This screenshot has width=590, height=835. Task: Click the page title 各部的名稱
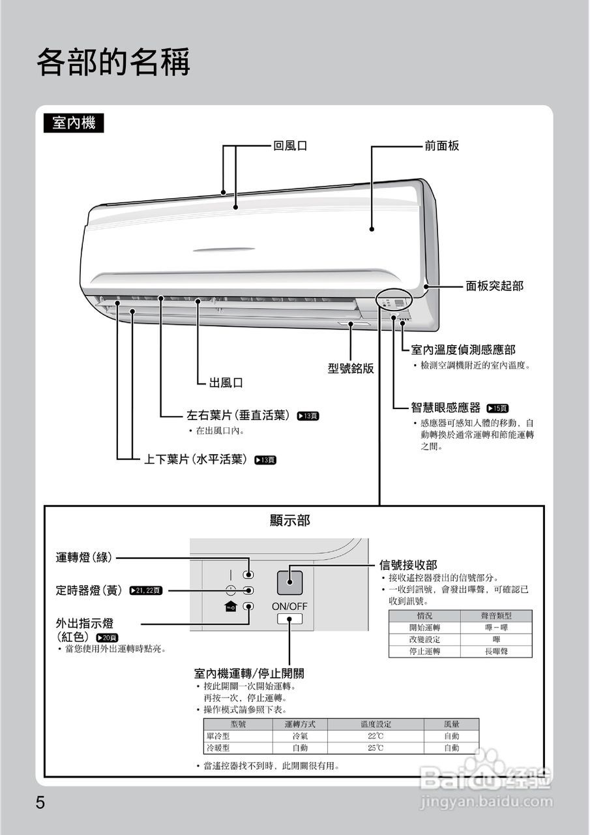pyautogui.click(x=113, y=63)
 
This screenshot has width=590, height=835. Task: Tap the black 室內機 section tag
pyautogui.click(x=74, y=123)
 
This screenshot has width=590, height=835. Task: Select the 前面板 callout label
pyautogui.click(x=441, y=146)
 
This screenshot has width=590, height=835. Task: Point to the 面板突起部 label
pyautogui.click(x=494, y=286)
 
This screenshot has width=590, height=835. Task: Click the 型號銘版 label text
pyautogui.click(x=351, y=369)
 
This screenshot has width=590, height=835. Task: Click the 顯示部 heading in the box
pyautogui.click(x=290, y=520)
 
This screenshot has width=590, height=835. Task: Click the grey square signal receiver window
pyautogui.click(x=290, y=581)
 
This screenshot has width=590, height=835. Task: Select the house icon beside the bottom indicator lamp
pyautogui.click(x=230, y=607)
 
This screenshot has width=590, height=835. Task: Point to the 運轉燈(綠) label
pyautogui.click(x=84, y=557)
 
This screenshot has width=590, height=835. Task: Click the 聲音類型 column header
pyautogui.click(x=497, y=616)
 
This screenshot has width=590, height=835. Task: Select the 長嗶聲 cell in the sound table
pyautogui.click(x=497, y=651)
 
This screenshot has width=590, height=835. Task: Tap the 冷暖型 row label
pyautogui.click(x=219, y=748)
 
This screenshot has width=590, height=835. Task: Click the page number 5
pyautogui.click(x=40, y=802)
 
